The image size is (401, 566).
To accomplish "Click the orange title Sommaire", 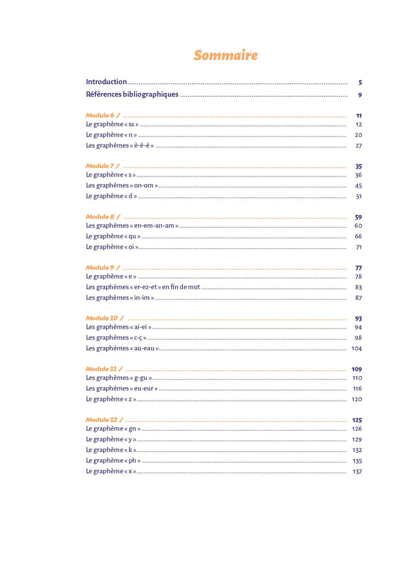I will coord(225,56).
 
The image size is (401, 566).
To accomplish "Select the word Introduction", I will coord(106,82).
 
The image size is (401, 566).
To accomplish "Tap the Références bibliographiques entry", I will coord(132,95).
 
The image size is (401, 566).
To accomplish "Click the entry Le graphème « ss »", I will coord(112,124).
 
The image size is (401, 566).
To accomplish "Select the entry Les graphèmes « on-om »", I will coord(122,186).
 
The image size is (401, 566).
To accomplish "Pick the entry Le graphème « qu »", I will coord(113,236).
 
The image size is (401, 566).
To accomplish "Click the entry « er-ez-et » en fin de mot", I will coord(143,287).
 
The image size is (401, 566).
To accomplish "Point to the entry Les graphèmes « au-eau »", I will coord(123,348).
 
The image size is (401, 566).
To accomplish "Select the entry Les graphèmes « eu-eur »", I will coord(122,388).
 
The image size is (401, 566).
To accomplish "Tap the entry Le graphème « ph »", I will coord(113,461).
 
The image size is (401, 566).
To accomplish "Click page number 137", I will coord(357,471).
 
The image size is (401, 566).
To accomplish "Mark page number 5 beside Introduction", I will coord(360,82).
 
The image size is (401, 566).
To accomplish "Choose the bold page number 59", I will coord(358,217).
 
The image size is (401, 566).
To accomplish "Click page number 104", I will coord(357,349).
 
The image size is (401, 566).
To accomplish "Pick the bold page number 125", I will coord(357,420).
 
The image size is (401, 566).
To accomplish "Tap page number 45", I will coord(358,186).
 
